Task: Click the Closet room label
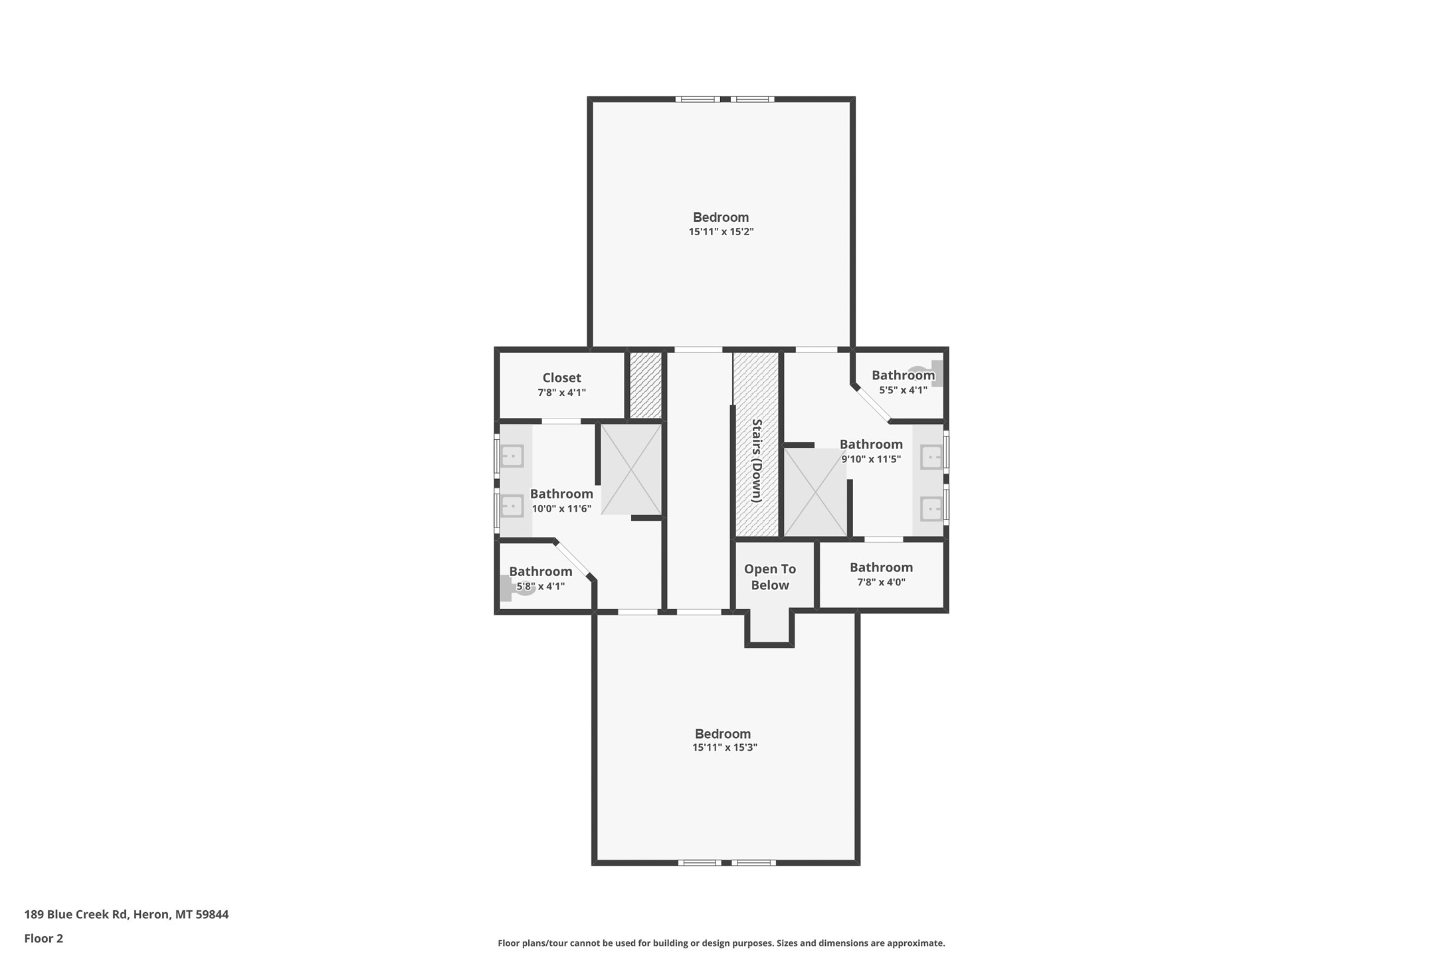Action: pyautogui.click(x=561, y=378)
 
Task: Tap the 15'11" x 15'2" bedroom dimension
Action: pyautogui.click(x=721, y=232)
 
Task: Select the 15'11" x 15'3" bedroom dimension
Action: pyautogui.click(x=724, y=747)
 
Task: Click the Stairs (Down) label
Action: pyautogui.click(x=756, y=460)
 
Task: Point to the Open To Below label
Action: pyautogui.click(x=769, y=577)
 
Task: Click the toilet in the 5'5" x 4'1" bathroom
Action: pyautogui.click(x=926, y=373)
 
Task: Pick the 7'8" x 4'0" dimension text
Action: pyautogui.click(x=881, y=582)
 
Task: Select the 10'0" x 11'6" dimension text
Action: pyautogui.click(x=561, y=509)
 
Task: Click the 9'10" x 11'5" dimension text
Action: pyautogui.click(x=871, y=459)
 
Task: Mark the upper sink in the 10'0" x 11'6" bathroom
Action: pyautogui.click(x=512, y=456)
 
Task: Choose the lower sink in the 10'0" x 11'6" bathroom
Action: pyautogui.click(x=512, y=506)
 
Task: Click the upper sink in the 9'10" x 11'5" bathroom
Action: pyautogui.click(x=931, y=458)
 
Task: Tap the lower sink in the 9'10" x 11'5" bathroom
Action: pyautogui.click(x=931, y=509)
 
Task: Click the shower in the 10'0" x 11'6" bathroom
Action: pyautogui.click(x=631, y=469)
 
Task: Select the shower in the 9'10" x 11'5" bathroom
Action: pyautogui.click(x=815, y=492)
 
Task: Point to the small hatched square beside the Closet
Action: pyautogui.click(x=645, y=385)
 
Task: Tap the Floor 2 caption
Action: pyautogui.click(x=44, y=939)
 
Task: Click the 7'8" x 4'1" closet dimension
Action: pyautogui.click(x=561, y=393)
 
